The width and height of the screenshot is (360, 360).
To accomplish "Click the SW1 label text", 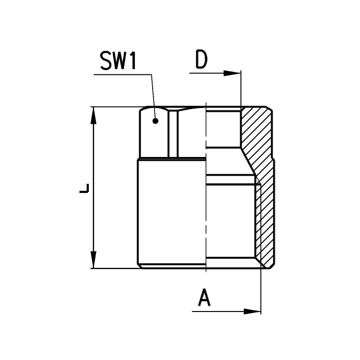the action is pyautogui.click(x=118, y=60).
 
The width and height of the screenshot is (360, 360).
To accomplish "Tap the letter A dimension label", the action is pyautogui.click(x=204, y=298).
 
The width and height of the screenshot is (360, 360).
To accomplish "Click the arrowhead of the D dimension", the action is pyautogui.click(x=232, y=73).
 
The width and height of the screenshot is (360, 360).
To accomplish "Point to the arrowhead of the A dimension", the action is pyautogui.click(x=252, y=312).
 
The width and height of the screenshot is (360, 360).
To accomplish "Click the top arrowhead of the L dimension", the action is pyautogui.click(x=93, y=116).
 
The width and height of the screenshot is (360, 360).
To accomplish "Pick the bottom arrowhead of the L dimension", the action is pyautogui.click(x=93, y=259).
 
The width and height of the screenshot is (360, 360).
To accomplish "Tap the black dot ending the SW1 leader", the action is pyautogui.click(x=156, y=121).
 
